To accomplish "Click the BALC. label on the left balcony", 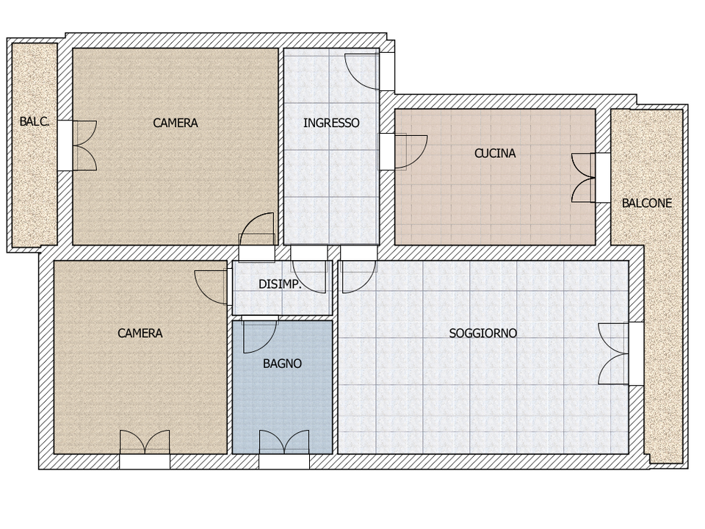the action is click(x=35, y=121).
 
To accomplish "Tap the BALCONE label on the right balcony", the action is click(x=646, y=204).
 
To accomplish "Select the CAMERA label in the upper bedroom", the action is click(x=176, y=123).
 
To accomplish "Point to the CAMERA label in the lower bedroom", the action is click(x=140, y=334).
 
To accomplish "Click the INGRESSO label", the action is click(x=331, y=123).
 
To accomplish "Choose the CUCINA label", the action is click(x=495, y=154).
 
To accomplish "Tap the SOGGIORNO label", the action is click(x=483, y=334).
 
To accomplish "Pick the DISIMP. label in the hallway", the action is click(x=280, y=284).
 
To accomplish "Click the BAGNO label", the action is click(x=282, y=364).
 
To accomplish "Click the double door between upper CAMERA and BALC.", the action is click(x=84, y=145).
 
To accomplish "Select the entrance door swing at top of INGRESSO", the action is click(x=362, y=71).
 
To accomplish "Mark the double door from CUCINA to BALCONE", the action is click(x=583, y=178).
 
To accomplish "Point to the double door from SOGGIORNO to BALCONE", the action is click(x=613, y=353).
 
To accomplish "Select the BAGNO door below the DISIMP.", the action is click(x=260, y=335).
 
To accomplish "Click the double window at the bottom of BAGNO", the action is click(x=284, y=442).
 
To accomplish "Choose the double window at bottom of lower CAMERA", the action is click(x=145, y=442).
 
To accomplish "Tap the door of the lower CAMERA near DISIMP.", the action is click(x=211, y=287).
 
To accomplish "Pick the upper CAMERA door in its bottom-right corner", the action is click(x=257, y=229).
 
